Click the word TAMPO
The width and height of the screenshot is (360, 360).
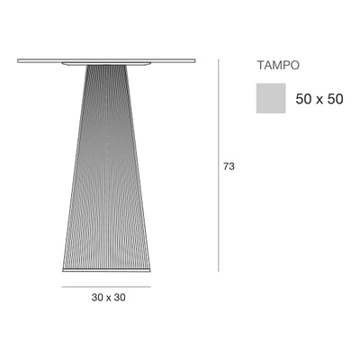(278, 66)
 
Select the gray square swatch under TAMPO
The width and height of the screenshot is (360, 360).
(271, 98)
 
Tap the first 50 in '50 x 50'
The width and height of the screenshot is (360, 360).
(303, 99)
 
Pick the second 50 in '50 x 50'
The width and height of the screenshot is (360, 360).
(335, 99)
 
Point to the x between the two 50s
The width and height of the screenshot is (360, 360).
(319, 101)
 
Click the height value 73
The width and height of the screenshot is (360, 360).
(229, 166)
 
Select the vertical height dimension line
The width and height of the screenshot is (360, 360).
(219, 166)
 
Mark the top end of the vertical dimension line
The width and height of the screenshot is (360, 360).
(219, 59)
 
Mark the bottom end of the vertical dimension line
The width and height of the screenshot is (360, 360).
(219, 272)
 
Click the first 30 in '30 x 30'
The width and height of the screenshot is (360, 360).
(97, 298)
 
